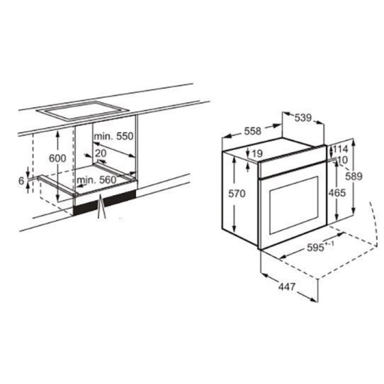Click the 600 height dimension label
58,158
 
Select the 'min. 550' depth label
114,136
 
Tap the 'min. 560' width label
97,180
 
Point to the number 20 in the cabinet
101,153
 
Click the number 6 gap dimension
21,181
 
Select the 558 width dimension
253,131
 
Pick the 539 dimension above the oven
303,118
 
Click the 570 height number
237,194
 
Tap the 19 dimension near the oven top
257,154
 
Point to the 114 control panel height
340,149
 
